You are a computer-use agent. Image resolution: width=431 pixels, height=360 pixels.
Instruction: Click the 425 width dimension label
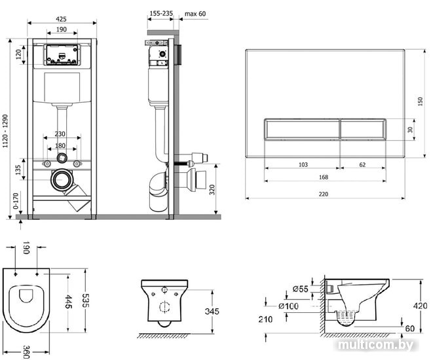(x=61, y=19)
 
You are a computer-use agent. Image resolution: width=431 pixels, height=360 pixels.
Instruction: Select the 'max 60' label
(x=195, y=14)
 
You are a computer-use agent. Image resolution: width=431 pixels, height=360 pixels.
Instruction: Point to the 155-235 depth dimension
(x=161, y=13)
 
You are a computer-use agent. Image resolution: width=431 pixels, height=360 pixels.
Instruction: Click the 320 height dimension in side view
(x=212, y=190)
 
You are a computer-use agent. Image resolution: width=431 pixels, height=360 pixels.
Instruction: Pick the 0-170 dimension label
(x=16, y=201)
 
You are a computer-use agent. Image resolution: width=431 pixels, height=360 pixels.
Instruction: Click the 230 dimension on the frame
(x=60, y=134)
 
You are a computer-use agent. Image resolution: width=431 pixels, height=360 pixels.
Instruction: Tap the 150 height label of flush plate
(x=421, y=101)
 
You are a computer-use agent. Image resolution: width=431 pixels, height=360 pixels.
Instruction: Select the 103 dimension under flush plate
(x=303, y=164)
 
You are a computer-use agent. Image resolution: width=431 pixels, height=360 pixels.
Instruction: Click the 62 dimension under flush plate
(x=363, y=164)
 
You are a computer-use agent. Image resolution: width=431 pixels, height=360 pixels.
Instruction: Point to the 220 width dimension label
(x=324, y=194)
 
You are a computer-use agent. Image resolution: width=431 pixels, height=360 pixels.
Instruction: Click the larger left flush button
(x=302, y=129)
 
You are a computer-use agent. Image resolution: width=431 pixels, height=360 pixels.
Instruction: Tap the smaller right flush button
(x=363, y=129)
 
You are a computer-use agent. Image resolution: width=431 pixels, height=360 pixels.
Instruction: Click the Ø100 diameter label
(x=288, y=306)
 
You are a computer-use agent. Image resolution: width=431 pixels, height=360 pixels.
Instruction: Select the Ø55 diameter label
(x=301, y=289)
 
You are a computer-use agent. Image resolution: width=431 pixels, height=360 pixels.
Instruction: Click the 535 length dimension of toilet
(x=86, y=300)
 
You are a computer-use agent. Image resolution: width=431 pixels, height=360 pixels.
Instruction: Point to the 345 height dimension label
(x=212, y=311)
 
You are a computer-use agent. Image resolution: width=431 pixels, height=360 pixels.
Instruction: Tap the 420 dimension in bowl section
(x=421, y=306)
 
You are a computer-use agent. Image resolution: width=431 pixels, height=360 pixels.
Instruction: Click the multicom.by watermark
(x=376, y=345)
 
